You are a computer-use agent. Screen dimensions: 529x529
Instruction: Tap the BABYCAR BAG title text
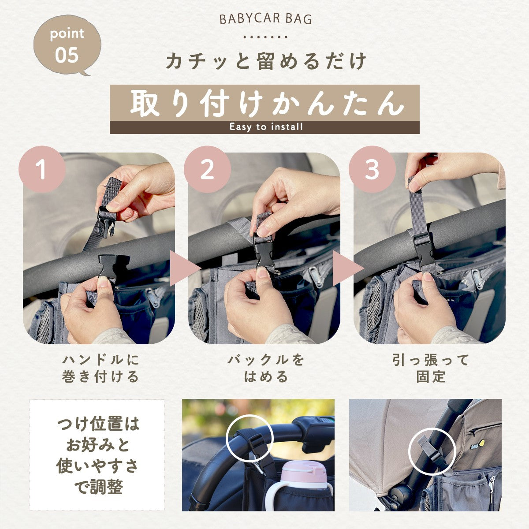[265, 19]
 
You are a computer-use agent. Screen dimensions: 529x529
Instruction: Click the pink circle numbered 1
[42, 169]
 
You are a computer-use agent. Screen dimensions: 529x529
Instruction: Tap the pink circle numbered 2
[207, 169]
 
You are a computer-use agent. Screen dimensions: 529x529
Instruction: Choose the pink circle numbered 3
[372, 169]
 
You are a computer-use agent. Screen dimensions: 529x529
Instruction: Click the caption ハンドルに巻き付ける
[101, 368]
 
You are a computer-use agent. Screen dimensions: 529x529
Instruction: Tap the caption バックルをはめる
[266, 368]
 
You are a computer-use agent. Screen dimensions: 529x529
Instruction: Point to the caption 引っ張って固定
[431, 368]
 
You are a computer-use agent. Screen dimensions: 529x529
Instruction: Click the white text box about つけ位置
[97, 455]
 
